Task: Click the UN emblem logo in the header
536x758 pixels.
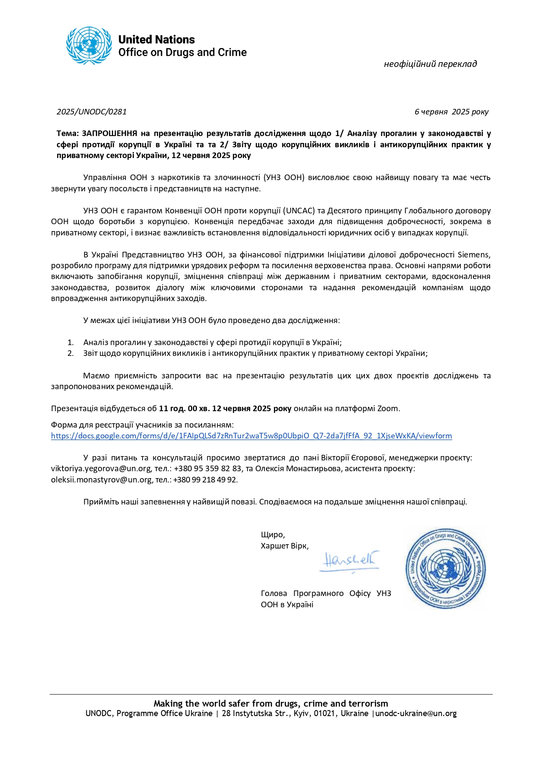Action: pyautogui.click(x=89, y=46)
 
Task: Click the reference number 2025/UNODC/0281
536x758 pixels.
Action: pyautogui.click(x=92, y=112)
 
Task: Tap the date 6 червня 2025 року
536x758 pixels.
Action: pyautogui.click(x=451, y=112)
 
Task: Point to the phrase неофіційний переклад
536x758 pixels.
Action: pyautogui.click(x=430, y=64)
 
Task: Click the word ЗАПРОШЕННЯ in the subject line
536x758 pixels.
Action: pyautogui.click(x=109, y=133)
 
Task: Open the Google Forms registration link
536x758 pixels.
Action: pyautogui.click(x=251, y=436)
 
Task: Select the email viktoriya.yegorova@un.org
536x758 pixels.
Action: pyautogui.click(x=101, y=469)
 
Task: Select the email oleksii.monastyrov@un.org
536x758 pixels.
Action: pyautogui.click(x=101, y=480)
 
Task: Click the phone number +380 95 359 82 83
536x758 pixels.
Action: pyautogui.click(x=208, y=469)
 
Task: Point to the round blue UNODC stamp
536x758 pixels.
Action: pyautogui.click(x=445, y=568)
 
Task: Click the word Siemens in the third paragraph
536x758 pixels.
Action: pyautogui.click(x=474, y=254)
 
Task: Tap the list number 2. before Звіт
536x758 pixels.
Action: pyautogui.click(x=71, y=353)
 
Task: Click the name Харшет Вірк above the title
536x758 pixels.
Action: pyautogui.click(x=284, y=546)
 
